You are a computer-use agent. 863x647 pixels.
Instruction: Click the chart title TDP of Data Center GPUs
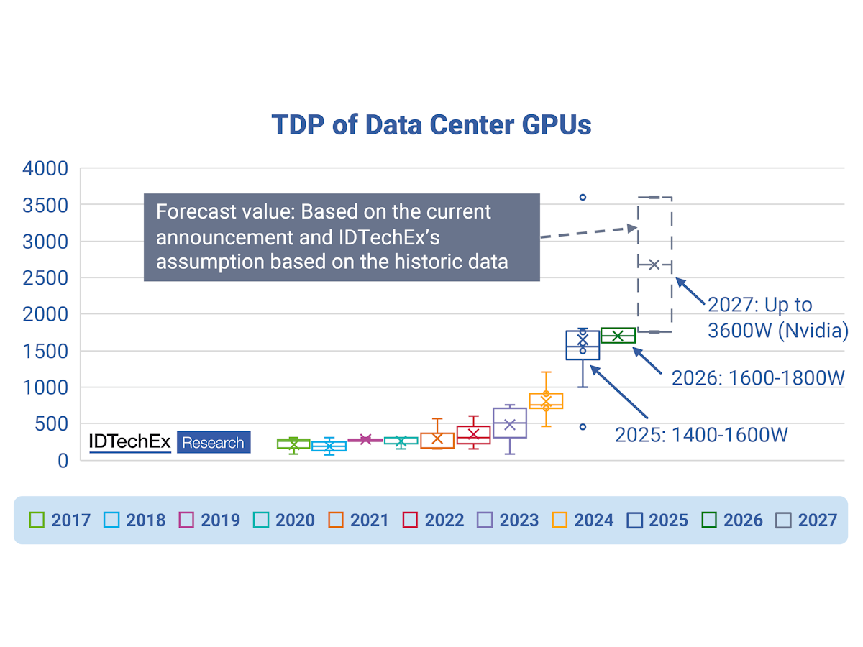[431, 124]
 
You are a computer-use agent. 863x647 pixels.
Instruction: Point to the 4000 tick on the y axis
[45, 169]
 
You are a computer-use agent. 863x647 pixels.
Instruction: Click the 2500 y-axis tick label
[45, 278]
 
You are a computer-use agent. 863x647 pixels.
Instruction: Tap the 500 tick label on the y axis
[55, 424]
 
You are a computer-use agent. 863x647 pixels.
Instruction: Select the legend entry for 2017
[60, 520]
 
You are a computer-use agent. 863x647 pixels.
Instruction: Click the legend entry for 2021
[359, 520]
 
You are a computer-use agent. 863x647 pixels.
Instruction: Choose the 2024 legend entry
[583, 520]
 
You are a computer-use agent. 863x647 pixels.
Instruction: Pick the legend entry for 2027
[807, 520]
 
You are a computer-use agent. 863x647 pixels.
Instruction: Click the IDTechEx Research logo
[169, 442]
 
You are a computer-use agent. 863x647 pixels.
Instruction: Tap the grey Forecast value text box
[342, 237]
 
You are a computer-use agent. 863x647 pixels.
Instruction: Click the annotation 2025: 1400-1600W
[701, 435]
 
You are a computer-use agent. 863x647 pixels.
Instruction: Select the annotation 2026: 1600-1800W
[757, 378]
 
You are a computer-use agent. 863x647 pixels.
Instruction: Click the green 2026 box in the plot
[618, 336]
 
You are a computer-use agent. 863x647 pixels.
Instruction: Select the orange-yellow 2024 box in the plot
[546, 401]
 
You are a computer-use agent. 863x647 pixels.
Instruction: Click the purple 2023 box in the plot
[510, 423]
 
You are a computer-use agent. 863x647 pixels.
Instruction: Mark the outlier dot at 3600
[583, 197]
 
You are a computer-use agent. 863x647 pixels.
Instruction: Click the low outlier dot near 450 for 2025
[583, 427]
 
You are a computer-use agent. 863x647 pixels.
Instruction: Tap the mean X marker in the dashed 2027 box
[654, 265]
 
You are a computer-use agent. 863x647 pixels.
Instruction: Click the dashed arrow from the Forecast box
[588, 233]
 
